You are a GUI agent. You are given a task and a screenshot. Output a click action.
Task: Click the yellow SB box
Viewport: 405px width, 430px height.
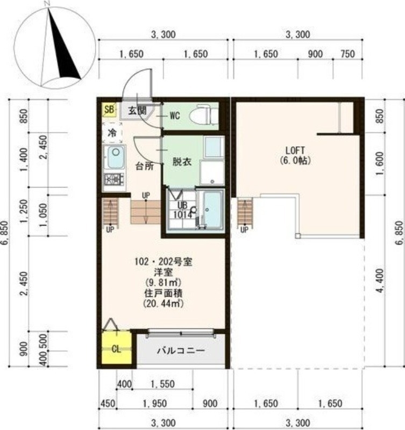110,110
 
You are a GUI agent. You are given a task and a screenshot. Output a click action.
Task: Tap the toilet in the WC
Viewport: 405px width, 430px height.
204,115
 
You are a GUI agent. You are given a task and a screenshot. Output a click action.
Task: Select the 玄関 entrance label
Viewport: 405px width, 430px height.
137,111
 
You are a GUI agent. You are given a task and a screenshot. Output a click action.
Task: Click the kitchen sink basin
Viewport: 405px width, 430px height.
115,157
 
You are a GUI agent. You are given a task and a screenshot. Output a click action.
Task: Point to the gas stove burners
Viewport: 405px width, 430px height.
114,180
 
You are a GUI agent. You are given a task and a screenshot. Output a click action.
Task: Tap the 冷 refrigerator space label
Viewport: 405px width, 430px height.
112,133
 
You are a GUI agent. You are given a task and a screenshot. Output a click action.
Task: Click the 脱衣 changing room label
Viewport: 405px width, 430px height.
182,162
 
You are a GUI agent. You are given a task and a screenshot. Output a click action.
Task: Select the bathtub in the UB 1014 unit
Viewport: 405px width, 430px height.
213,209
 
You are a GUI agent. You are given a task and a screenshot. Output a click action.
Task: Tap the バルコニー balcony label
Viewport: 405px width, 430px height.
181,351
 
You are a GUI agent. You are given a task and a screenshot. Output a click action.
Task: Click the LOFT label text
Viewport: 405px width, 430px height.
295,150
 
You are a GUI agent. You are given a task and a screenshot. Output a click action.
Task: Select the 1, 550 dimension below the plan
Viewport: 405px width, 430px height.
163,384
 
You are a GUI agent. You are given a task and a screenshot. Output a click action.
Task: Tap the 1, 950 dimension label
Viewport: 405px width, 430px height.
155,404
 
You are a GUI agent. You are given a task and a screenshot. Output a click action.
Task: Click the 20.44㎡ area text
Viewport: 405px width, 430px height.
164,304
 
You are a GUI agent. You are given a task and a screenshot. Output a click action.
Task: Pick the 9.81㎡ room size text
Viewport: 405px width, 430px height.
164,282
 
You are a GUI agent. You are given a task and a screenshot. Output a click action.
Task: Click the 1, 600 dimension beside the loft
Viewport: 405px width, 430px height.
380,164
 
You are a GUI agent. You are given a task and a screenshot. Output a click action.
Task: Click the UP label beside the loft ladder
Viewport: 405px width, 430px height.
244,230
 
